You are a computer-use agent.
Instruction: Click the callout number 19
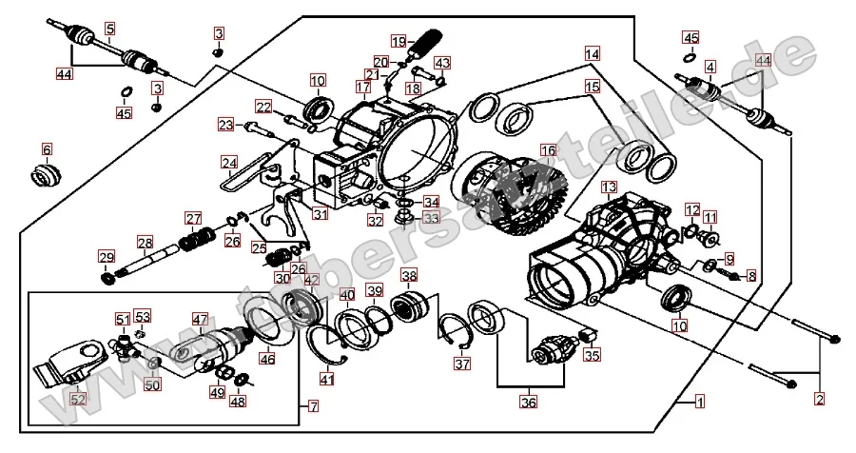click(398, 41)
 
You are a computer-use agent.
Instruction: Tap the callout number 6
click(47, 149)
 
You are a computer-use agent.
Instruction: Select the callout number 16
click(547, 150)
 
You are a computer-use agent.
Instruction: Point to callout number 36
click(528, 402)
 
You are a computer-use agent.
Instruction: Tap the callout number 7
click(314, 406)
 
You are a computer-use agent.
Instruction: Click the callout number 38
click(409, 277)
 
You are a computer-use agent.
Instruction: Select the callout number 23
click(224, 125)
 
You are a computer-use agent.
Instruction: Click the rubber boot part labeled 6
click(46, 176)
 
